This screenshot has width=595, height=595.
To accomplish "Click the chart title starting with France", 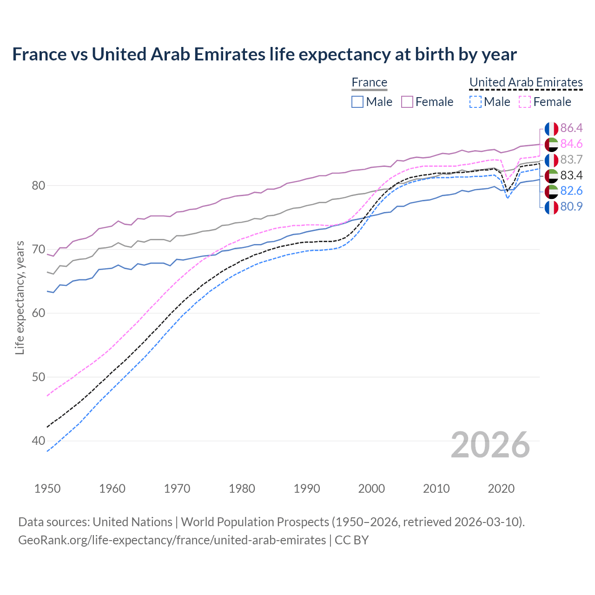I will [x=264, y=54].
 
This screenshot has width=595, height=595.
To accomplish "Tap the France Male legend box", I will [x=357, y=102].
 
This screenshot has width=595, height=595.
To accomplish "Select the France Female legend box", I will [x=407, y=102].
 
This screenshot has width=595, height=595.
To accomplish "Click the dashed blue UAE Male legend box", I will [x=475, y=102].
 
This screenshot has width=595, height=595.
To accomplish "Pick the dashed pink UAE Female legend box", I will [x=525, y=102].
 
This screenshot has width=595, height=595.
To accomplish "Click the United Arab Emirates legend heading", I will [x=526, y=82].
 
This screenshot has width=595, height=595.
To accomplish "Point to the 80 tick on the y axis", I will [x=38, y=185].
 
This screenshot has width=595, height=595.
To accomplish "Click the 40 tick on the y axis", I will [x=38, y=441].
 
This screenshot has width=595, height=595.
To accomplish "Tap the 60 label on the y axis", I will [x=38, y=313].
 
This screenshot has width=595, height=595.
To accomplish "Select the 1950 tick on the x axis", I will [x=47, y=489].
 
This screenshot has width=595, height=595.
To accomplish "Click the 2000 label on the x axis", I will [x=371, y=489].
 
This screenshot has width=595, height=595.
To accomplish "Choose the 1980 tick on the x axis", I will [x=242, y=489].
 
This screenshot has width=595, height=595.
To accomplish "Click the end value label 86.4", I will [x=571, y=128].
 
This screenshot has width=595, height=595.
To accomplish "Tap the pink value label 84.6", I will [x=571, y=144].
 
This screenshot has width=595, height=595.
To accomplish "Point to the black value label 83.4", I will [x=571, y=176].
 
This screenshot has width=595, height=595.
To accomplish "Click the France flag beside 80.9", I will [x=551, y=207].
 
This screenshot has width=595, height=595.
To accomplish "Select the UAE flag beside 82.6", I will [x=551, y=191].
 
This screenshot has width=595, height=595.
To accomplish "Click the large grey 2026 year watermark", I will [x=490, y=445].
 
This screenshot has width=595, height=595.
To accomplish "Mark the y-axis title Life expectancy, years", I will [x=20, y=297].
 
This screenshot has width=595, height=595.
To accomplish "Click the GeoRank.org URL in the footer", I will [x=172, y=540].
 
